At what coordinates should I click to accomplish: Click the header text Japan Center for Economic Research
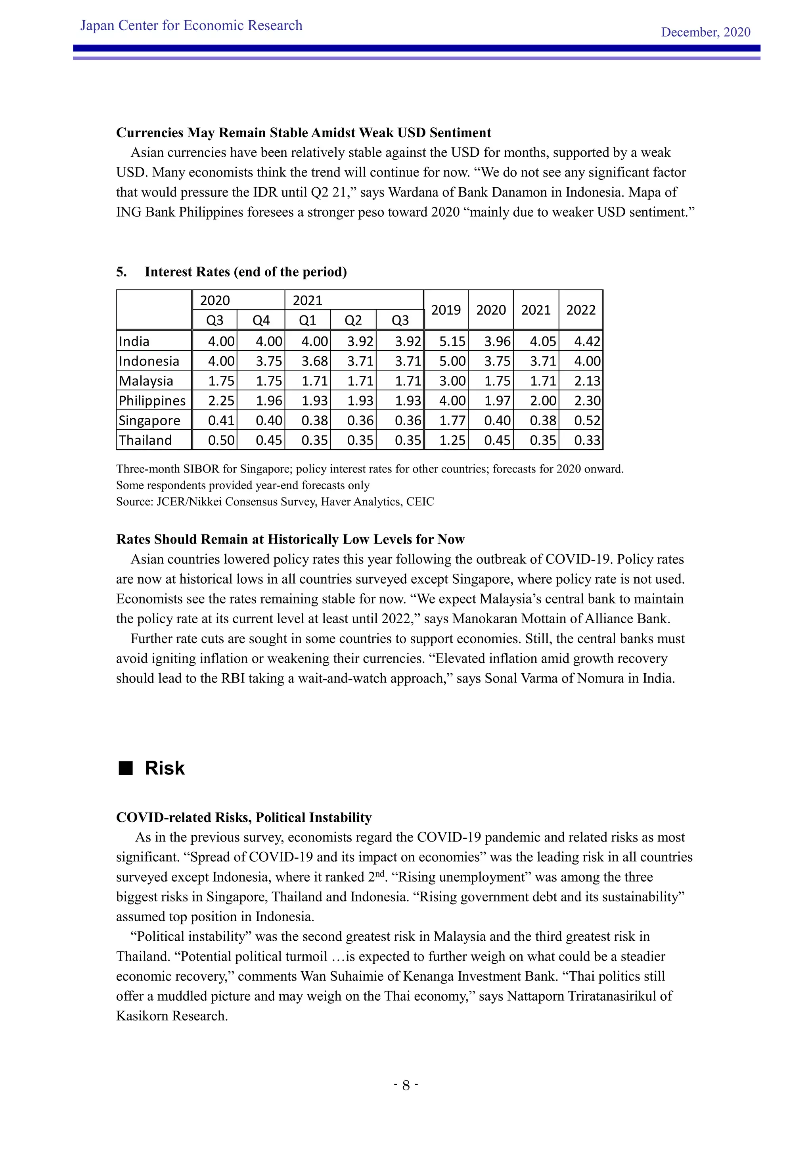pyautogui.click(x=191, y=25)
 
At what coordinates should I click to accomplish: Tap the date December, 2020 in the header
pyautogui.click(x=705, y=32)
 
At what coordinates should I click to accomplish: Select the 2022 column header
pyautogui.click(x=580, y=310)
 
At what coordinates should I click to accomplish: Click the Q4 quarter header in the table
pyautogui.click(x=261, y=320)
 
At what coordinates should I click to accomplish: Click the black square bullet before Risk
pyautogui.click(x=126, y=768)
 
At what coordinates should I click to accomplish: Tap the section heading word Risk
pyautogui.click(x=165, y=768)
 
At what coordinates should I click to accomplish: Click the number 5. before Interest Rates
pyautogui.click(x=121, y=272)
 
